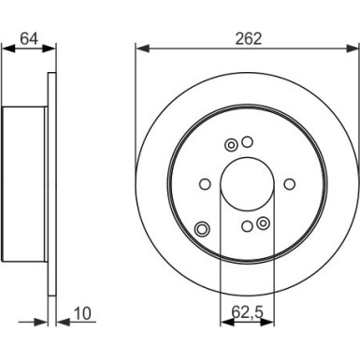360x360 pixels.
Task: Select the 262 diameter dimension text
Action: (248, 39)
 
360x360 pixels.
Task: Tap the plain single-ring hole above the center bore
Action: (248, 142)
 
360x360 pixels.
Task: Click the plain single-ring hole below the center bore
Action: (246, 225)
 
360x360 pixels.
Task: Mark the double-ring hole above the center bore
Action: (231, 144)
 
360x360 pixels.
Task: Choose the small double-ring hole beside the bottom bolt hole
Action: (263, 223)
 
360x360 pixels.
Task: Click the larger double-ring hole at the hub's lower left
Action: (202, 230)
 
